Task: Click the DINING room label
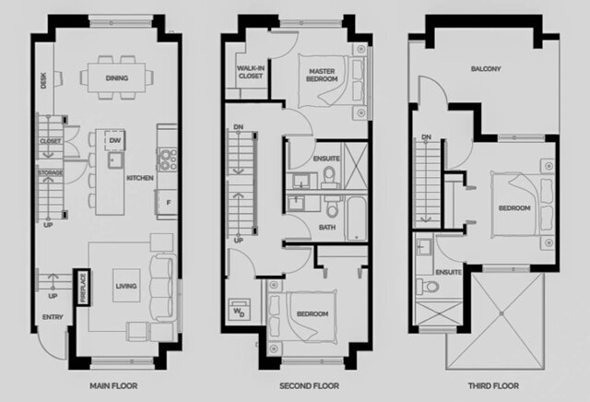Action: [x=117, y=77]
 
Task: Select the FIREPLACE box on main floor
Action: [x=82, y=287]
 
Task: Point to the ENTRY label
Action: [x=51, y=319]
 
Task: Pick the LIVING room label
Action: [x=125, y=287]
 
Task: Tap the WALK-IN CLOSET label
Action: [x=251, y=73]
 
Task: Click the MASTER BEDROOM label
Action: [x=322, y=76]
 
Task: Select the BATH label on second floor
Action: [x=326, y=227]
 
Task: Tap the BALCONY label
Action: [x=486, y=68]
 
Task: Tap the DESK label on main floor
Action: [x=42, y=81]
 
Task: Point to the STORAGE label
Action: [x=49, y=172]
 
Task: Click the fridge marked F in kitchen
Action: [x=168, y=201]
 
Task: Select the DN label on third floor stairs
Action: [x=426, y=138]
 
